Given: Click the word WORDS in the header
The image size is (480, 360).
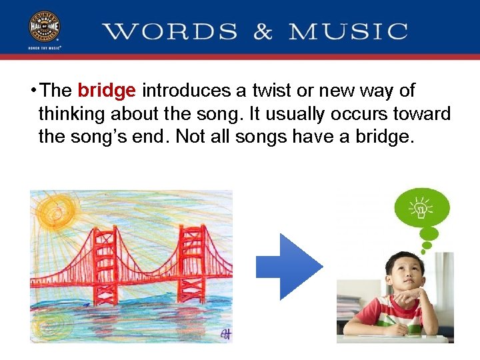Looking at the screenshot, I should (x=171, y=31).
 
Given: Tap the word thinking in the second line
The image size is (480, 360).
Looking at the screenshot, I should (x=73, y=114).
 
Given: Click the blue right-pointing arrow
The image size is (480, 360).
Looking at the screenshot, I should (x=289, y=266).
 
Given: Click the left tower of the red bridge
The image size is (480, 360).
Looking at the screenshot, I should (x=105, y=257).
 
